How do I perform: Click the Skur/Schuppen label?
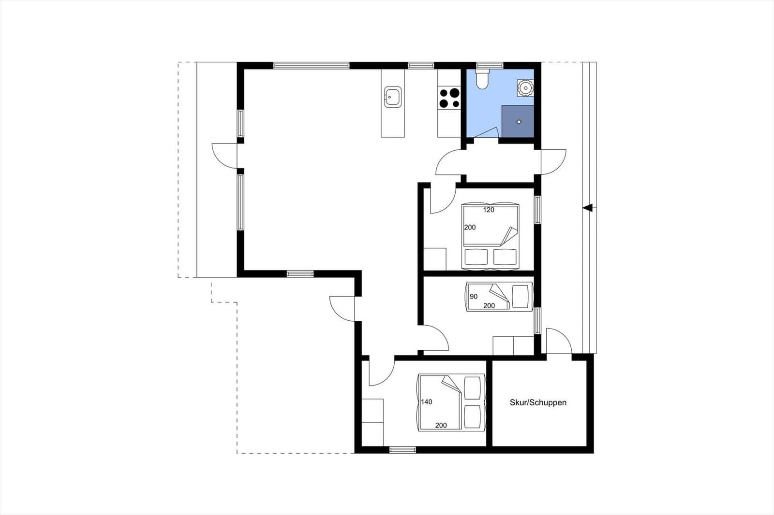click(538, 402)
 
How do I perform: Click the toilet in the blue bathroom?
click(482, 79)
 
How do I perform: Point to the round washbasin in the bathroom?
click(525, 87)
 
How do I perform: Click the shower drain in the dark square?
click(519, 122)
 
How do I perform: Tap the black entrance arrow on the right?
click(588, 208)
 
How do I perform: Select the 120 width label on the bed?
click(489, 210)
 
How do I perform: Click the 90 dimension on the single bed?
click(474, 297)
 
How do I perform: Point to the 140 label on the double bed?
click(427, 402)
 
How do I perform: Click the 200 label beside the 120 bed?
click(470, 227)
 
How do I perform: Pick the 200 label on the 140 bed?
click(441, 425)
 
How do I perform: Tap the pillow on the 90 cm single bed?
click(521, 297)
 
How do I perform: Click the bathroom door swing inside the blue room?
click(486, 132)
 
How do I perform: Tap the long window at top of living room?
click(312, 66)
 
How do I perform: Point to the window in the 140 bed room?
click(402, 450)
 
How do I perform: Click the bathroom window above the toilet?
click(490, 66)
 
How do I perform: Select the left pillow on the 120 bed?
click(476, 257)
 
